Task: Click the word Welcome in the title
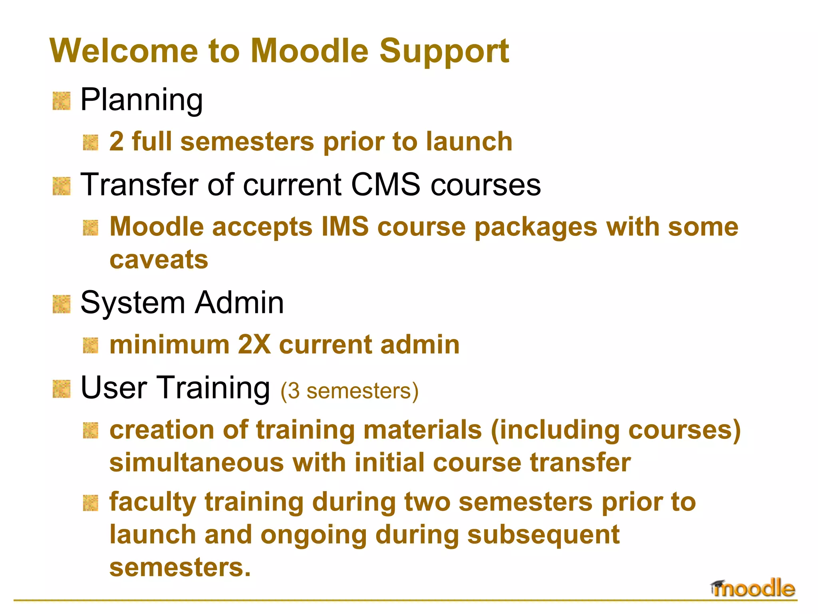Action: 124,51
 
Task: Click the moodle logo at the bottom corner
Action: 752,588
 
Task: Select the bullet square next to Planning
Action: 62,101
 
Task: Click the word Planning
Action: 141,100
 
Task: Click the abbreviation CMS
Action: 385,185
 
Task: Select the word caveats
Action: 159,260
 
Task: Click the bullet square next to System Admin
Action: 62,304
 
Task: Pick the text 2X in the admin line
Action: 254,345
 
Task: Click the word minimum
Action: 169,345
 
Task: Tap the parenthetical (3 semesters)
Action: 349,391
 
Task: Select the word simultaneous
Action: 197,463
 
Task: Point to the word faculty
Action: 153,502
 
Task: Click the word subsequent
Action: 543,535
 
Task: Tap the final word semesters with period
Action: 180,568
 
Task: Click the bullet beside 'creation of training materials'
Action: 91,431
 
